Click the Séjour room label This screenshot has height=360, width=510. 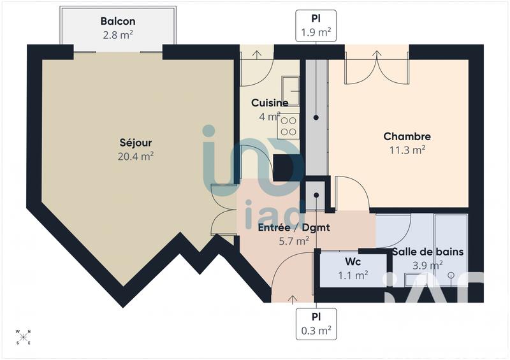click(x=135, y=143)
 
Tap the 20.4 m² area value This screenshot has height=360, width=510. click(x=135, y=155)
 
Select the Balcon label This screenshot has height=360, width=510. click(x=117, y=22)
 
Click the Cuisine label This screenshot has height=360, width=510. click(x=269, y=103)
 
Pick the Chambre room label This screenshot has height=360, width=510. click(x=407, y=136)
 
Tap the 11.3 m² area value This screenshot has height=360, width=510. click(x=407, y=150)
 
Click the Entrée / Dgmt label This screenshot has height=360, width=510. click(x=293, y=227)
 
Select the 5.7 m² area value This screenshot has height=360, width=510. click(x=293, y=240)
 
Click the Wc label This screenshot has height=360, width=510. click(x=353, y=262)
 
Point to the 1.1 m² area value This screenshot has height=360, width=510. click(x=353, y=275)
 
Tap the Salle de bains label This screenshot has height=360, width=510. click(x=427, y=252)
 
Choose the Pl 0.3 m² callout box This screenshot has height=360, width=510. click(x=316, y=324)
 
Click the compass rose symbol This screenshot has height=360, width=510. click(x=23, y=336)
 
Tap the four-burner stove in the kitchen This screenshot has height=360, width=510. click(x=289, y=126)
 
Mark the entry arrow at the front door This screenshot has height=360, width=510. click(x=293, y=297)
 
